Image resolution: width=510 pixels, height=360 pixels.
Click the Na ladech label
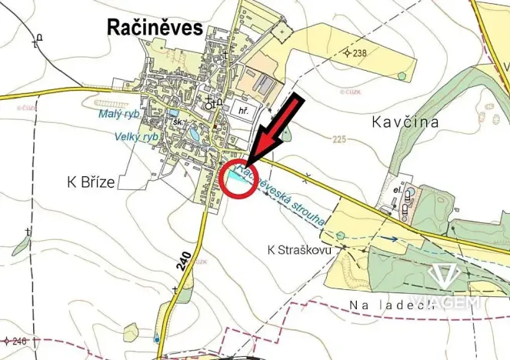pyautogui.click(x=384, y=308)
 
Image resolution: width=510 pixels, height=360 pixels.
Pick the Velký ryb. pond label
pyautogui.click(x=136, y=136)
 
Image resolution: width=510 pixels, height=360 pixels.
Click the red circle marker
pyautogui.click(x=238, y=182)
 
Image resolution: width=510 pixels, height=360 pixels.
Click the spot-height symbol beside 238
pyautogui.click(x=347, y=52)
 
